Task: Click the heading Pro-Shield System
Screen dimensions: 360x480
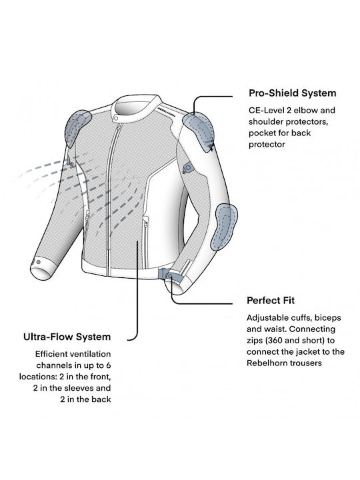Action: click(293, 93)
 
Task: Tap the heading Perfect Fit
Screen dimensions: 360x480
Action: click(271, 300)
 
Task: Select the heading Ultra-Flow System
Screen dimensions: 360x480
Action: click(67, 337)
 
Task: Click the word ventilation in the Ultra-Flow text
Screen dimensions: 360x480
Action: click(90, 354)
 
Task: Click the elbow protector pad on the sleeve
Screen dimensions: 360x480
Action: click(225, 226)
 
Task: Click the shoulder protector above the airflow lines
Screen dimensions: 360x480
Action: click(78, 127)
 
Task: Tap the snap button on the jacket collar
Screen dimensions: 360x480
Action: click(116, 118)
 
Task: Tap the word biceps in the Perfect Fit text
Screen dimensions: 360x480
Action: click(328, 318)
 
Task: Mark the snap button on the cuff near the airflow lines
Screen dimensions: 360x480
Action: click(38, 262)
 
